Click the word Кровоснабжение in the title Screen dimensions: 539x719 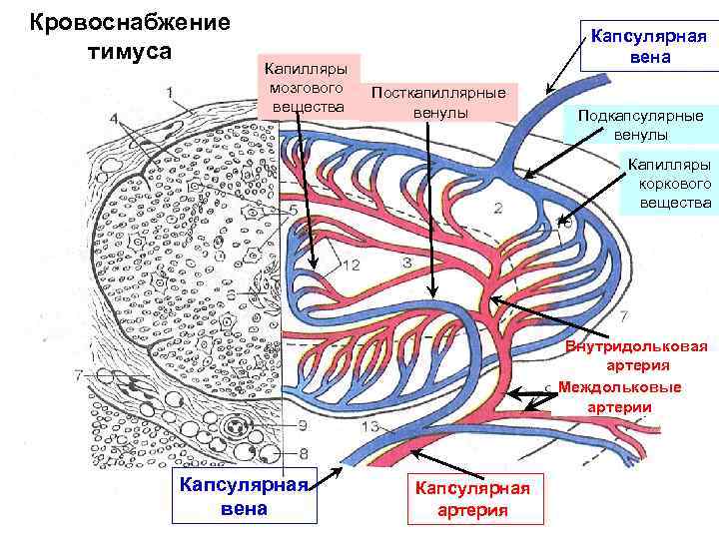point(130,22)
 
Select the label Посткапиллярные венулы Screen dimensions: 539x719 point(438,103)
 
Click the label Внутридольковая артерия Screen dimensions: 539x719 point(636,356)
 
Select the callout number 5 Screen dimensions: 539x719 point(294,212)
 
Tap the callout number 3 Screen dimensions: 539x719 point(406,262)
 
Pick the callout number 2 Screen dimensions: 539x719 point(497,208)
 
